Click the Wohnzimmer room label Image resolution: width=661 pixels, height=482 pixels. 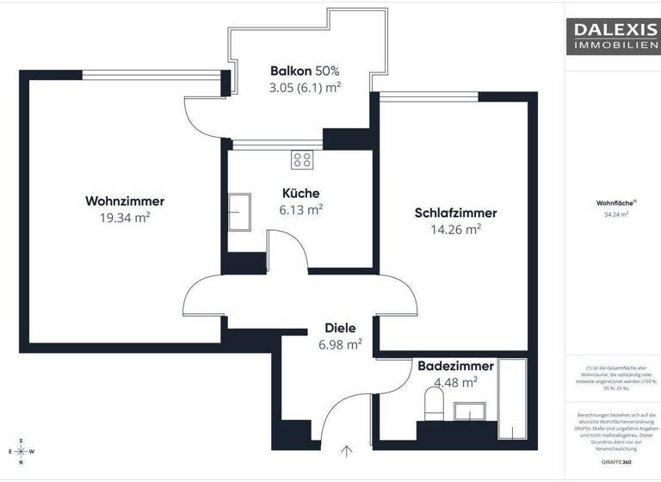pyautogui.click(x=125, y=201)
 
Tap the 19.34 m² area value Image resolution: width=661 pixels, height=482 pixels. pyautogui.click(x=125, y=219)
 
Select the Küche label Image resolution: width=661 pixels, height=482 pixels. pyautogui.click(x=301, y=193)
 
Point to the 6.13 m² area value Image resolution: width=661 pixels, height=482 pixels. pyautogui.click(x=301, y=209)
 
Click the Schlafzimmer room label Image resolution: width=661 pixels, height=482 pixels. pyautogui.click(x=455, y=213)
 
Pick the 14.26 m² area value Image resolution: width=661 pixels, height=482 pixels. pyautogui.click(x=455, y=229)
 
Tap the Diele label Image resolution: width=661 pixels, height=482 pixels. pyautogui.click(x=340, y=327)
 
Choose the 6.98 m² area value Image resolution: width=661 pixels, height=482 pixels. pyautogui.click(x=340, y=343)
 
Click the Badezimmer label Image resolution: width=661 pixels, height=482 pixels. pyautogui.click(x=455, y=366)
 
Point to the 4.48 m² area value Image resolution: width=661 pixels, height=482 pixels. pyautogui.click(x=455, y=382)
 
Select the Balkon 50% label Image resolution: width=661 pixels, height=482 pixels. pyautogui.click(x=305, y=71)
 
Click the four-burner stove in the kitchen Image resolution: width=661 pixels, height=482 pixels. pyautogui.click(x=302, y=158)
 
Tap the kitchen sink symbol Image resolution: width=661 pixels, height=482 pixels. pyautogui.click(x=239, y=208)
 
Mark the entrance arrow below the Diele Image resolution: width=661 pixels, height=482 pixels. pyautogui.click(x=347, y=450)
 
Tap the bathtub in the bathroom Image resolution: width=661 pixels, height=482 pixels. pyautogui.click(x=513, y=400)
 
